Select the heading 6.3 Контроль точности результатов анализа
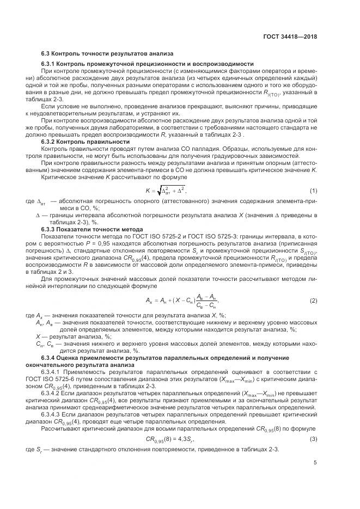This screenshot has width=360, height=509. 107,53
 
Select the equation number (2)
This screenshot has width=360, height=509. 313,301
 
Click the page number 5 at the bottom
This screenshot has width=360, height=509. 315,463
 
